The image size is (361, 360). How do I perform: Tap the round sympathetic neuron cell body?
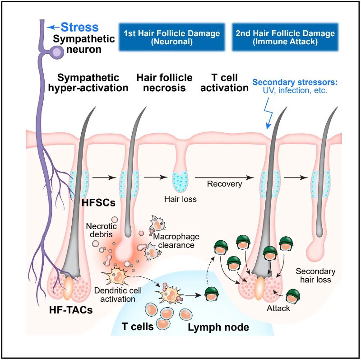pyautogui.click(x=56, y=52)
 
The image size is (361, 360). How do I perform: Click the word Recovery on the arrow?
pyautogui.click(x=225, y=184)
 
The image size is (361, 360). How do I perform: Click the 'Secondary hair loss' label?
pyautogui.click(x=315, y=275)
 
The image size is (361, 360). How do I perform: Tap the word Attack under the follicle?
pyautogui.click(x=278, y=309)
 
